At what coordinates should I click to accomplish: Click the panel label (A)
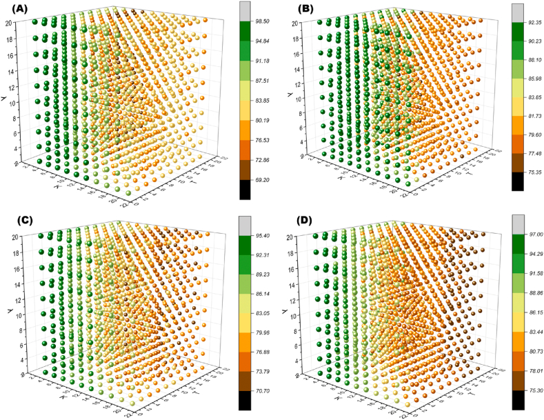(14, 10)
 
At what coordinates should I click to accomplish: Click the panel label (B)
(287, 10)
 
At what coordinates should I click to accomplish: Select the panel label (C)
(14, 223)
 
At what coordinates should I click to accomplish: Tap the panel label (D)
(288, 223)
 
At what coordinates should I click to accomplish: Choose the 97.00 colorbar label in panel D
(532, 236)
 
